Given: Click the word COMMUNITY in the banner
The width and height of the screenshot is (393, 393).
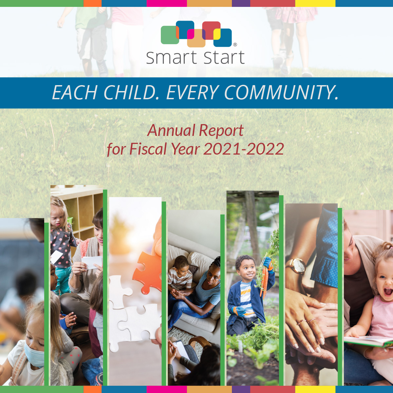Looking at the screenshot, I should pyautogui.click(x=281, y=93).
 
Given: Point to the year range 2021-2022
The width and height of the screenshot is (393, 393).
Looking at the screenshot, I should pyautogui.click(x=243, y=149).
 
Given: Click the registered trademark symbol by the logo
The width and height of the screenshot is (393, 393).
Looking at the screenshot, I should pyautogui.click(x=235, y=45).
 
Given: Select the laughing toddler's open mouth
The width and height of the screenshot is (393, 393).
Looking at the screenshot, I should pyautogui.click(x=388, y=291).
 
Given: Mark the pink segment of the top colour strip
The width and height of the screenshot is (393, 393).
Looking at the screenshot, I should pyautogui.click(x=166, y=3).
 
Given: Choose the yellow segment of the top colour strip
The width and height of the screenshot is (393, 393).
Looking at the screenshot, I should pyautogui.click(x=315, y=3).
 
